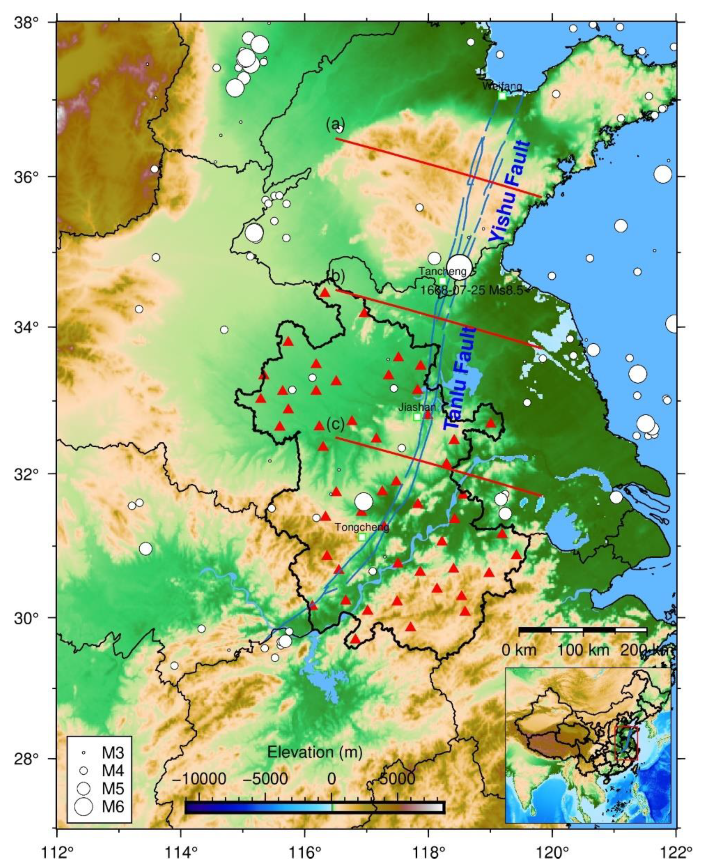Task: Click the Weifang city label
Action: tap(502, 86)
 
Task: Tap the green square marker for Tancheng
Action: tap(442, 281)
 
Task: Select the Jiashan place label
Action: tap(417, 407)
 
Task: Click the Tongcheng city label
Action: tap(362, 527)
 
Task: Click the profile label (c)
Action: tap(336, 424)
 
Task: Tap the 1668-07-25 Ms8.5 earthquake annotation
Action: tap(472, 290)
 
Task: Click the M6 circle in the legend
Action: tap(84, 806)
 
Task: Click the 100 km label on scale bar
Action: tap(583, 650)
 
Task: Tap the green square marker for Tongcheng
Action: tap(362, 537)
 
